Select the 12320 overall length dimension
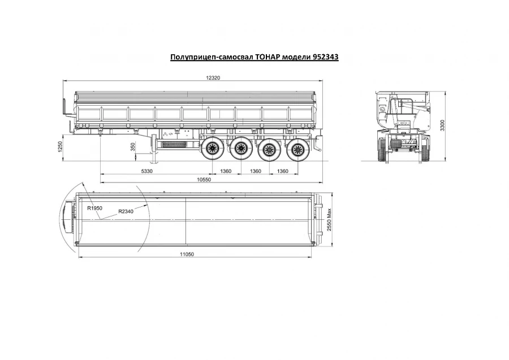click(x=213, y=78)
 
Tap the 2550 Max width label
click(x=329, y=218)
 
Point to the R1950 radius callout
click(x=94, y=208)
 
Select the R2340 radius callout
click(x=126, y=212)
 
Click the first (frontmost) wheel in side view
click(x=214, y=150)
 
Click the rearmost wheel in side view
click(x=294, y=150)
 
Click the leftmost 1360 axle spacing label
click(x=226, y=171)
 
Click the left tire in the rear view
click(x=382, y=150)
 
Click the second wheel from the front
click(x=241, y=150)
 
